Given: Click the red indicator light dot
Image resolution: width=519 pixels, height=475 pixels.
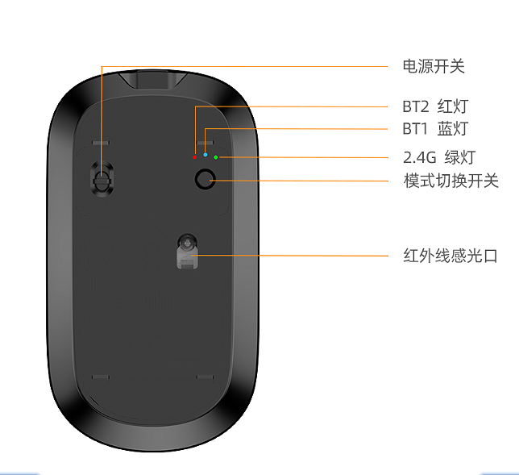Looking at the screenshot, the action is pyautogui.click(x=195, y=157).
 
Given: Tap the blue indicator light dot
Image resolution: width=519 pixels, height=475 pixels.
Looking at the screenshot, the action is pyautogui.click(x=206, y=155).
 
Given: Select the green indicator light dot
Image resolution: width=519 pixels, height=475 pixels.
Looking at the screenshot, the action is pyautogui.click(x=216, y=157).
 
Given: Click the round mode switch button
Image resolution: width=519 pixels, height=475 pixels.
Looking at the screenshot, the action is pyautogui.click(x=206, y=179).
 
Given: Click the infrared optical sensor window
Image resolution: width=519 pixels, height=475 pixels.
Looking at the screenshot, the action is pyautogui.click(x=187, y=252).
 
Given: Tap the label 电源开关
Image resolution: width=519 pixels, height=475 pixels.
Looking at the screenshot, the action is pyautogui.click(x=434, y=66).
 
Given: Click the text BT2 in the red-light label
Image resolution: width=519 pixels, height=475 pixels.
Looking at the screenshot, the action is pyautogui.click(x=415, y=106).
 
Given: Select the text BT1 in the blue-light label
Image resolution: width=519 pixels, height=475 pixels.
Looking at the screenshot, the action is pyautogui.click(x=415, y=128).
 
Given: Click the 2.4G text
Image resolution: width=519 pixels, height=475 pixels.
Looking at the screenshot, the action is pyautogui.click(x=420, y=157).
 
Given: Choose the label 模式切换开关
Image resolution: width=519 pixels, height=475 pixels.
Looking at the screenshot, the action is pyautogui.click(x=450, y=181).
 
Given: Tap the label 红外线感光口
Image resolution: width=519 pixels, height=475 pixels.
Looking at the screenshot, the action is pyautogui.click(x=450, y=256).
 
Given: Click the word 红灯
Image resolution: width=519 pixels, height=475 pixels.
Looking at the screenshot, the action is pyautogui.click(x=453, y=106).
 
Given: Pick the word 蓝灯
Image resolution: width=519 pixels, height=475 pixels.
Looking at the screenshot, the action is pyautogui.click(x=453, y=128).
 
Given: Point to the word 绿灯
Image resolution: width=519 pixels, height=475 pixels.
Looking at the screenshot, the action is pyautogui.click(x=460, y=157).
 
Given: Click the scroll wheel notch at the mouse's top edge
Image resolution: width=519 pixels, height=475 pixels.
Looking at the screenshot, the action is pyautogui.click(x=152, y=80).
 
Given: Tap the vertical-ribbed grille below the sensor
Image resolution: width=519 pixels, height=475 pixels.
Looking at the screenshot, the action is pyautogui.click(x=158, y=303).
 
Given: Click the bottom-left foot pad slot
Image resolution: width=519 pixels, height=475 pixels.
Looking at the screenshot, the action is pyautogui.click(x=100, y=377).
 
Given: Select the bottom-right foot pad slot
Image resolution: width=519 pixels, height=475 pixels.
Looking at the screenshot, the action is pyautogui.click(x=206, y=377).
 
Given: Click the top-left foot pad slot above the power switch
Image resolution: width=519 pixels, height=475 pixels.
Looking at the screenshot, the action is pyautogui.click(x=101, y=143).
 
